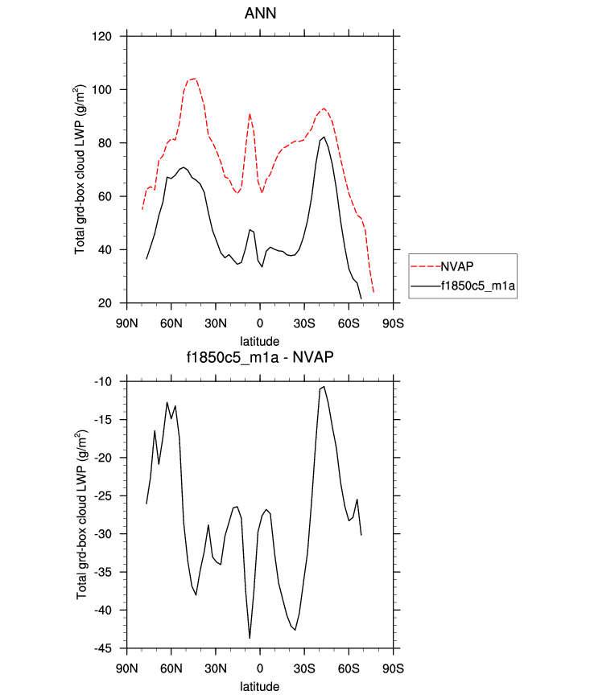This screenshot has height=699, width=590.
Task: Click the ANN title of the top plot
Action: (x=259, y=14)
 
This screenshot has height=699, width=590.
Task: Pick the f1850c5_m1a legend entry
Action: (x=477, y=285)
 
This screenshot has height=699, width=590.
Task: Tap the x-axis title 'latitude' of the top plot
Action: (x=259, y=341)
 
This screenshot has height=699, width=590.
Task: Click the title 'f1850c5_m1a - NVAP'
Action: (x=259, y=359)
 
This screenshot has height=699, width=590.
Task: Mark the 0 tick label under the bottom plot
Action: (x=259, y=667)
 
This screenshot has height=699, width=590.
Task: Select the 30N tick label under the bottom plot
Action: (x=215, y=667)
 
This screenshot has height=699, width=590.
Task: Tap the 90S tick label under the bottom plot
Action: (x=393, y=667)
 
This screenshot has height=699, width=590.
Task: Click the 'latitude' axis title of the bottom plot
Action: (x=259, y=687)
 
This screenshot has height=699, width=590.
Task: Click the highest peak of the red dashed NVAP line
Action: (x=195, y=78)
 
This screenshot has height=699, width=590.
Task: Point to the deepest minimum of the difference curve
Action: (x=250, y=638)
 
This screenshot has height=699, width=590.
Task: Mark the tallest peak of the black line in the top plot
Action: (x=324, y=137)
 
